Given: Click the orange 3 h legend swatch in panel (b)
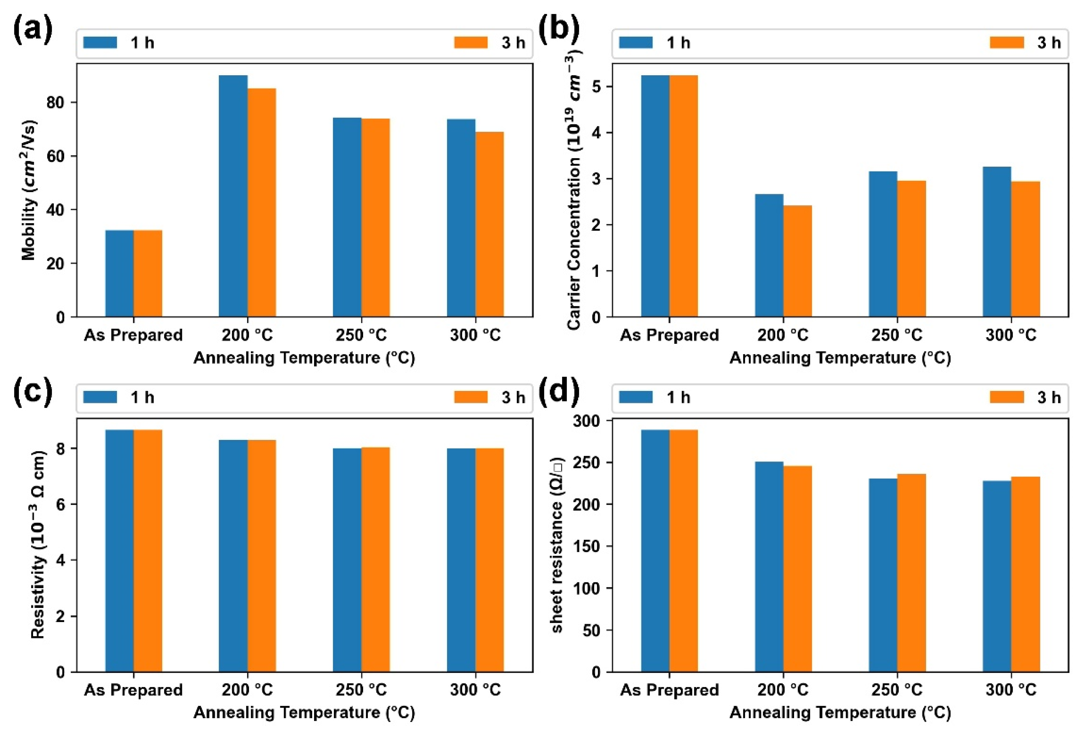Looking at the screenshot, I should point(1007,42).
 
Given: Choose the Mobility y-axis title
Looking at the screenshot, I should point(29,190).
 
